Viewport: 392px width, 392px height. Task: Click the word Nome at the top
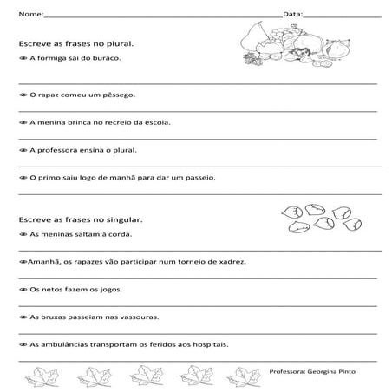click(x=28, y=15)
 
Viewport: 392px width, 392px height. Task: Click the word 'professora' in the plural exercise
click(x=57, y=149)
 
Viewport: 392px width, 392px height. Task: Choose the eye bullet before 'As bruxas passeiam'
click(x=23, y=317)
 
